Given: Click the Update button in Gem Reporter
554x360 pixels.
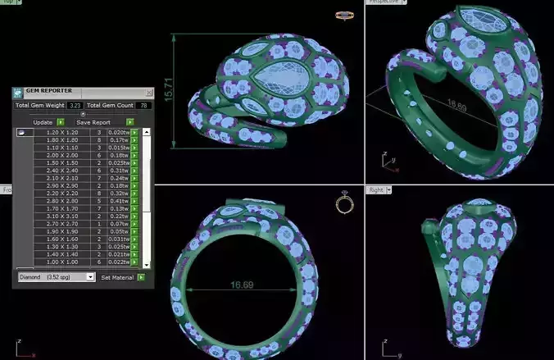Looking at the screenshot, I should point(42,121).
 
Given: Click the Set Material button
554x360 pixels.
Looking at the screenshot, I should point(117,277).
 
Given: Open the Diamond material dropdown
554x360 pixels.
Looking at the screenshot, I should point(56,277).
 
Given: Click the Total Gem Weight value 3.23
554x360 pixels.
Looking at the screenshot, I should point(75,105).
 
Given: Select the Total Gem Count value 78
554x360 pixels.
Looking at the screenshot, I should point(144,105).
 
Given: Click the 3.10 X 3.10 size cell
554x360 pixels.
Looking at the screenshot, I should point(61,216).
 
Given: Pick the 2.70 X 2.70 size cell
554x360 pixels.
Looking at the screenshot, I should point(61,223).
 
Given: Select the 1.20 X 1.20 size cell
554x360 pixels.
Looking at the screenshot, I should point(61,131).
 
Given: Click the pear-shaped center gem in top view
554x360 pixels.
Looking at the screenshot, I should point(275,78).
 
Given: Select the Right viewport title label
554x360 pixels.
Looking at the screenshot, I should point(376,189).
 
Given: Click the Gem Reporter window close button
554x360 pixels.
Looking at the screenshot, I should point(148,91).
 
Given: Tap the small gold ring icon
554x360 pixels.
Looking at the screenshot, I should point(344,203).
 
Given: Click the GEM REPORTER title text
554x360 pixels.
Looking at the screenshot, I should point(48,91).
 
